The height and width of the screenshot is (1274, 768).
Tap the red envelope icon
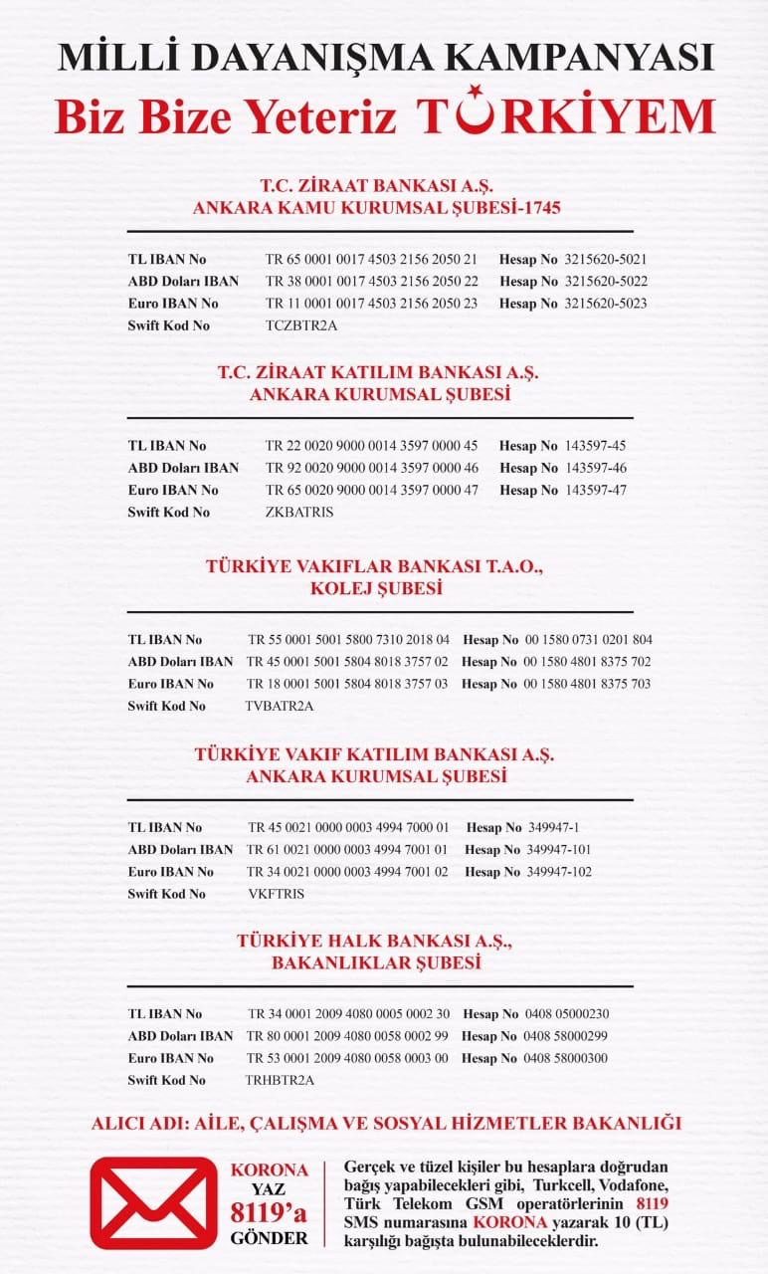(x=153, y=1202)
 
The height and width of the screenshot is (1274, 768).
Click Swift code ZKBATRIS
(x=299, y=512)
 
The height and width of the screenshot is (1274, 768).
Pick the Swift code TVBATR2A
(x=280, y=706)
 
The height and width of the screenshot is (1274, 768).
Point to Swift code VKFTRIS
(x=277, y=894)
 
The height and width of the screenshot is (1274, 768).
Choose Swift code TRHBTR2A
(x=280, y=1080)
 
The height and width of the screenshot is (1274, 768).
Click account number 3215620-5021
(x=605, y=259)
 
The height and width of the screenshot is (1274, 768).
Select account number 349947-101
(x=559, y=850)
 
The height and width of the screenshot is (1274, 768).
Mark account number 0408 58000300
(x=565, y=1058)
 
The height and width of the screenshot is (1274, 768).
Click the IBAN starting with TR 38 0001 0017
(x=371, y=281)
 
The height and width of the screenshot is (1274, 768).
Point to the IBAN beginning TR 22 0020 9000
(x=371, y=446)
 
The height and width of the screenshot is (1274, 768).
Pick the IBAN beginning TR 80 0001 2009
(x=348, y=1036)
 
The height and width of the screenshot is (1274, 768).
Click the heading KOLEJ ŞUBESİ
(x=376, y=588)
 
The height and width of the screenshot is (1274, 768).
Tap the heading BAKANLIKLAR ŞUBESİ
(x=376, y=963)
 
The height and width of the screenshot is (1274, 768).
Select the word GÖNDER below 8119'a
(x=269, y=1239)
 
